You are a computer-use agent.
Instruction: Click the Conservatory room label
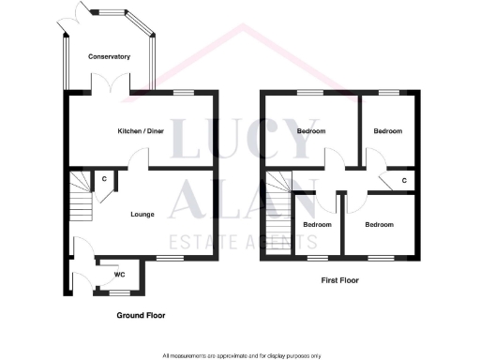click(109, 57)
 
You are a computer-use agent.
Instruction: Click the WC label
click(120, 275)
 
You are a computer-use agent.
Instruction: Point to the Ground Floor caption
click(142, 316)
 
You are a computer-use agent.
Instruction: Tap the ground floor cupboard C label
click(103, 178)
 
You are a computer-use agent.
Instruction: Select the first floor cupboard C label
click(403, 179)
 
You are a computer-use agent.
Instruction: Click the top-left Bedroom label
click(310, 131)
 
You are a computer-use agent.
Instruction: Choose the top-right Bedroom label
click(387, 131)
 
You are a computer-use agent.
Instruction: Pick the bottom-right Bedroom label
click(379, 225)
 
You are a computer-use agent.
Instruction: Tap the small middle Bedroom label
click(317, 225)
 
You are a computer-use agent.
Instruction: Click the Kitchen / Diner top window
click(184, 91)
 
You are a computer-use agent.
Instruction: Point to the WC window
click(119, 292)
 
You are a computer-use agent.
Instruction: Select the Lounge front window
click(170, 257)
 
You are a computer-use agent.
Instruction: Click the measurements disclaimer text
click(242, 355)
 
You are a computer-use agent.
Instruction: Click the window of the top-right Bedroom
click(387, 91)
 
